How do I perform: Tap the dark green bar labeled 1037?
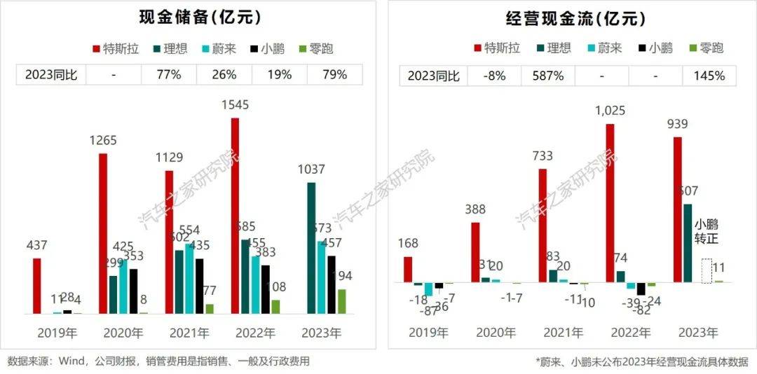(311, 248)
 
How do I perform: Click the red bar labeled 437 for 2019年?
(36, 286)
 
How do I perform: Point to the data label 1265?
(102, 141)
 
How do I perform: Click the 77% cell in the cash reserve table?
(168, 74)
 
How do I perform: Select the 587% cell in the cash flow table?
(549, 75)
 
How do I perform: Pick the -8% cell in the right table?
(494, 75)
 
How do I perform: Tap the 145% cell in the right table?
(710, 75)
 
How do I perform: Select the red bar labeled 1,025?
(611, 203)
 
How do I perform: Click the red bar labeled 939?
(678, 209)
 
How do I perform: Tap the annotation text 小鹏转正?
(706, 232)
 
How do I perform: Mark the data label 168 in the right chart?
(407, 244)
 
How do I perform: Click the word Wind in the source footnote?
(72, 361)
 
